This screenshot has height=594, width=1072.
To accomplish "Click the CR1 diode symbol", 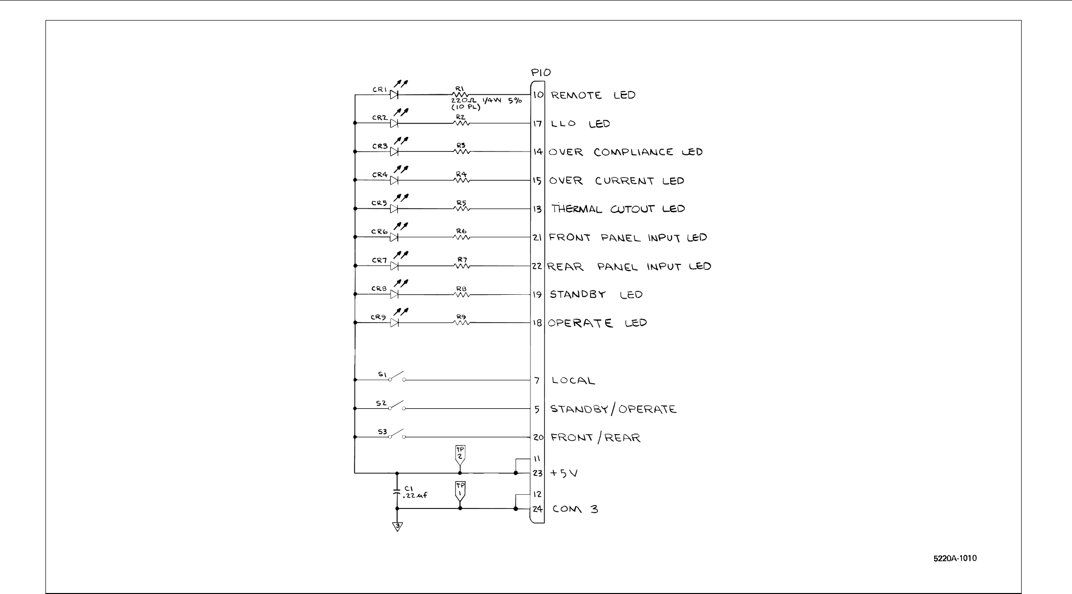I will (x=394, y=94).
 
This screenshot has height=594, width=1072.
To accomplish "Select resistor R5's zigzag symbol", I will (x=461, y=208).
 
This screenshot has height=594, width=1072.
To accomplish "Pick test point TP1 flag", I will (x=460, y=490).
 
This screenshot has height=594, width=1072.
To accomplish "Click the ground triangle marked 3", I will (x=397, y=527).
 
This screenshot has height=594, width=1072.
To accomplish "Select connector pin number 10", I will (x=538, y=95).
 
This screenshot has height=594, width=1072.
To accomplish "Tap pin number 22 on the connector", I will (x=538, y=266).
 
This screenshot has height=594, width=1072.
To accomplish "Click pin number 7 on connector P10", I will (x=538, y=380).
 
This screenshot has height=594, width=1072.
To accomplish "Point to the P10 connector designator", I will (x=541, y=73).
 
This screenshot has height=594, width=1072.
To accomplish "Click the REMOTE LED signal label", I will (x=593, y=95).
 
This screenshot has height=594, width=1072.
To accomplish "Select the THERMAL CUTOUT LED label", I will (x=618, y=209).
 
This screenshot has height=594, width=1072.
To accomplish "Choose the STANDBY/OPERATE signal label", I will (x=613, y=409).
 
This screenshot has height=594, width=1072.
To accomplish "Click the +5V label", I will (x=564, y=473).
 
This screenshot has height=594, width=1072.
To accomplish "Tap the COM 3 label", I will (x=575, y=509).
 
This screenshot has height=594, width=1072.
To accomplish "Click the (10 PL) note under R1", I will (x=465, y=107).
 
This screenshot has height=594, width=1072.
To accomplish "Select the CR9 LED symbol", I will (x=394, y=323).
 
